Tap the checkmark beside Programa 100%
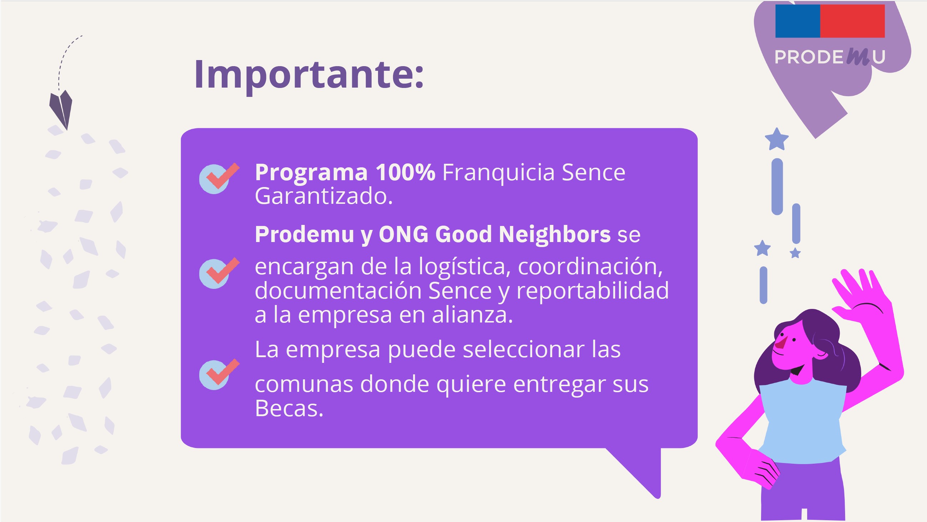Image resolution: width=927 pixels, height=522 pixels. tap(219, 178)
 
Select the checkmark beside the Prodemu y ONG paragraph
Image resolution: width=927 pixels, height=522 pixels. tap(219, 273)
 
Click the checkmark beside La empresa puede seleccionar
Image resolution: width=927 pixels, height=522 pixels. tap(219, 374)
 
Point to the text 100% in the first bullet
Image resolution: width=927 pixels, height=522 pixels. tap(406, 172)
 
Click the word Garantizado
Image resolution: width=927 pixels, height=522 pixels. tap(324, 196)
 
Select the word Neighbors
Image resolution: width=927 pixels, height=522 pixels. tap(555, 234)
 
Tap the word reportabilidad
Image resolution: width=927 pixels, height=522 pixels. tap(593, 290)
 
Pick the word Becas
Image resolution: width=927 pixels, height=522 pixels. tap(289, 408)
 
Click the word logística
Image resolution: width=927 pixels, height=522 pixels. tap(464, 267)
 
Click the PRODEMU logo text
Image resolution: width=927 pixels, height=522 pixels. tap(829, 57)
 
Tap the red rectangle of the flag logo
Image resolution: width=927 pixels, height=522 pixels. tap(852, 21)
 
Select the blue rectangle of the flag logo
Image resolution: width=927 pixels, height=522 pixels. tap(798, 21)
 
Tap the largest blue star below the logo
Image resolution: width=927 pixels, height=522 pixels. tap(776, 139)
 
